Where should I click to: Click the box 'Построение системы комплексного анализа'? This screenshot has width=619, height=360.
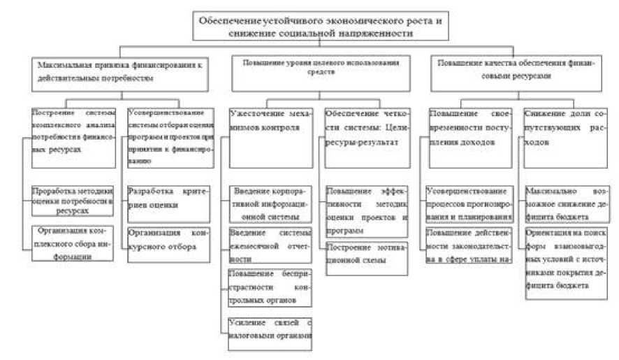click(x=73, y=136)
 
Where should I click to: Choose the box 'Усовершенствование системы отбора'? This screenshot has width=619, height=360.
click(x=170, y=136)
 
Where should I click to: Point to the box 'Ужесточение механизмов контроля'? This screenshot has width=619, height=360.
click(x=270, y=136)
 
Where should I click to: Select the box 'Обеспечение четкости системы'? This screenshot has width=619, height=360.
click(x=367, y=136)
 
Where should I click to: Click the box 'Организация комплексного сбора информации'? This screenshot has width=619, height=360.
click(x=73, y=243)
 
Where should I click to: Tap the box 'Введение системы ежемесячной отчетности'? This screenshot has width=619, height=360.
click(x=270, y=245)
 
